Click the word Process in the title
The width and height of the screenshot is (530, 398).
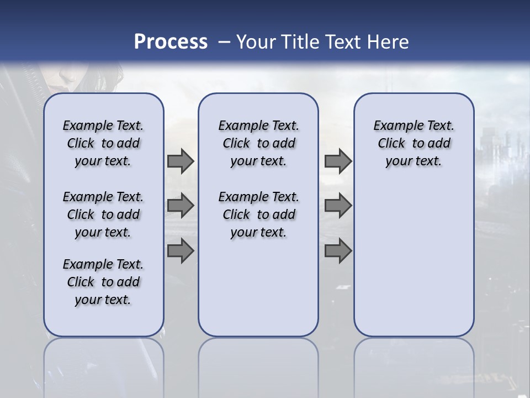171,41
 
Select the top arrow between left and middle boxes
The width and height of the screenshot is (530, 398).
181,161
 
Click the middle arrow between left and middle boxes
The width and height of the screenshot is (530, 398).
181,206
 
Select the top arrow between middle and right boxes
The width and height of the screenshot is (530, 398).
338,161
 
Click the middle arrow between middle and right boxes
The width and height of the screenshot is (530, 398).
338,206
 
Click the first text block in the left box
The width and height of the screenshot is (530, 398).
103,143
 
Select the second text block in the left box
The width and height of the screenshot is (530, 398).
103,214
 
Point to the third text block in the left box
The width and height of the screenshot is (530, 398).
103,282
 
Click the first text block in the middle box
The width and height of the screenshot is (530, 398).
258,143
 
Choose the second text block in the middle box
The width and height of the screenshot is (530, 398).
258,214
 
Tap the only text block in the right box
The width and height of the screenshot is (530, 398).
414,143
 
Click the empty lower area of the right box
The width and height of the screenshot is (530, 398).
414,254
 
